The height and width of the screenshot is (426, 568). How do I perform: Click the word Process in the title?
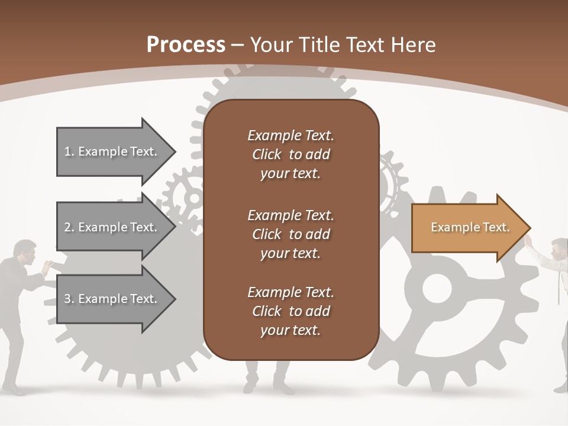(x=186, y=45)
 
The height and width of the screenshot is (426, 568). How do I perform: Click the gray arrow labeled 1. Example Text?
(x=116, y=151)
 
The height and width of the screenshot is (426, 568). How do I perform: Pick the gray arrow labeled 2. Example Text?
(x=116, y=227)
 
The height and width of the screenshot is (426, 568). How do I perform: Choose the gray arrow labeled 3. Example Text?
(x=116, y=298)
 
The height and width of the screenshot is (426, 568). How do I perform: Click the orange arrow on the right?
(x=471, y=227)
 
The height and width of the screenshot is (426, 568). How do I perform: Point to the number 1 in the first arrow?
(x=67, y=151)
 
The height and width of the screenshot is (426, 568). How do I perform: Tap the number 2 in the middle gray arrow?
(x=67, y=227)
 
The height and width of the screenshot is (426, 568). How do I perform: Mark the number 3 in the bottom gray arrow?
(x=67, y=299)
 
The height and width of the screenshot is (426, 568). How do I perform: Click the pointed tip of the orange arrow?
(x=531, y=227)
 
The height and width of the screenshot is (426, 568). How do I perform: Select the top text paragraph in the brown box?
(x=291, y=154)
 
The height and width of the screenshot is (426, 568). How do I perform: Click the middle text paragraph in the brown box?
(x=291, y=234)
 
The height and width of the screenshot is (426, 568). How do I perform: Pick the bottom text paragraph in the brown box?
(x=291, y=311)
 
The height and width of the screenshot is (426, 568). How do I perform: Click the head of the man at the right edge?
(x=560, y=248)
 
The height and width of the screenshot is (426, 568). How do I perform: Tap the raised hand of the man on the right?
(x=529, y=241)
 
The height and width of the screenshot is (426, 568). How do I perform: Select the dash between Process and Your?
(x=238, y=46)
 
